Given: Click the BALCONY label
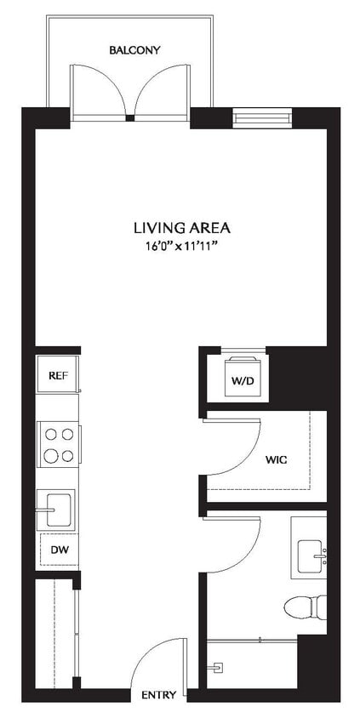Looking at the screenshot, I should (x=134, y=50).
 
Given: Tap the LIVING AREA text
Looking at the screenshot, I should (x=182, y=227).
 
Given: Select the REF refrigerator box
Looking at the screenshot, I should (x=57, y=374).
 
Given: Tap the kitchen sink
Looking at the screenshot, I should (x=57, y=510).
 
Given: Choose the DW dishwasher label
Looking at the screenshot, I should (x=58, y=550).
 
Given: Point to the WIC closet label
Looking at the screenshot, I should (x=276, y=459).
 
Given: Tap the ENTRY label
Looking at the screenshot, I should (x=160, y=695).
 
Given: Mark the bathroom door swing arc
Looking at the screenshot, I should (x=234, y=544).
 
